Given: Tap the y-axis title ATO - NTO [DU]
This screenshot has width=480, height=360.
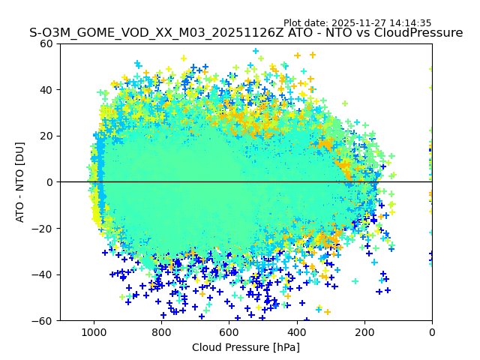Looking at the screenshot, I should [x=21, y=182].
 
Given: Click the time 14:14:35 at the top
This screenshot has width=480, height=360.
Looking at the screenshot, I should [x=409, y=23].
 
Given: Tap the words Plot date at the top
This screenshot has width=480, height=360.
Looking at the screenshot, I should [x=305, y=23].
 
